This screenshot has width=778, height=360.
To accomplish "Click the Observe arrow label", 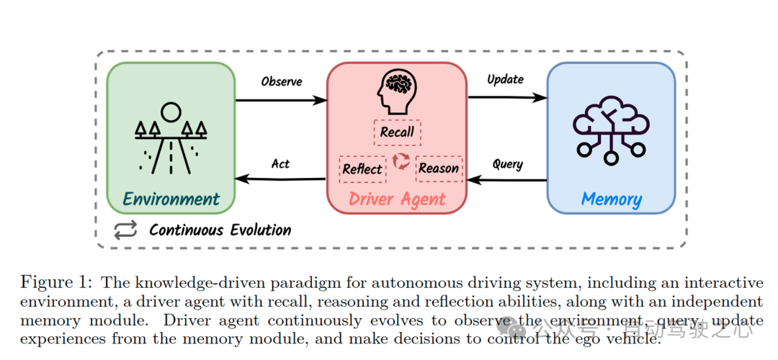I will (281, 81).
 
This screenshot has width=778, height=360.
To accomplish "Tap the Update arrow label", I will (505, 78).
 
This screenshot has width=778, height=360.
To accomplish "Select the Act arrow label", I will (280, 163).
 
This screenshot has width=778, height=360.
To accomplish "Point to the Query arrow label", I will (507, 164).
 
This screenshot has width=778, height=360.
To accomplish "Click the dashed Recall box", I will (397, 132).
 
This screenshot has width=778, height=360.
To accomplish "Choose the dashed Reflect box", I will (362, 168).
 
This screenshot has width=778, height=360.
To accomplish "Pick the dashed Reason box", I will (438, 168).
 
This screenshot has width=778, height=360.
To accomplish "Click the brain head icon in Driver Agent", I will (397, 91).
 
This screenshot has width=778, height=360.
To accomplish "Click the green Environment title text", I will (171, 199).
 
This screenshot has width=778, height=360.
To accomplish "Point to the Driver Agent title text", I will (397, 199).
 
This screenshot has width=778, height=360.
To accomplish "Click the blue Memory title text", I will (611, 199).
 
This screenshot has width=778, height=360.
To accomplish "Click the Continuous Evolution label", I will (220, 230).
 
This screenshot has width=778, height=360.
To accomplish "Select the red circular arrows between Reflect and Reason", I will (401, 162).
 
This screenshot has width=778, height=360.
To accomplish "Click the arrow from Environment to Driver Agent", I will (281, 100).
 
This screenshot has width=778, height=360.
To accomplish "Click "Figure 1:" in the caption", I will (56, 282).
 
